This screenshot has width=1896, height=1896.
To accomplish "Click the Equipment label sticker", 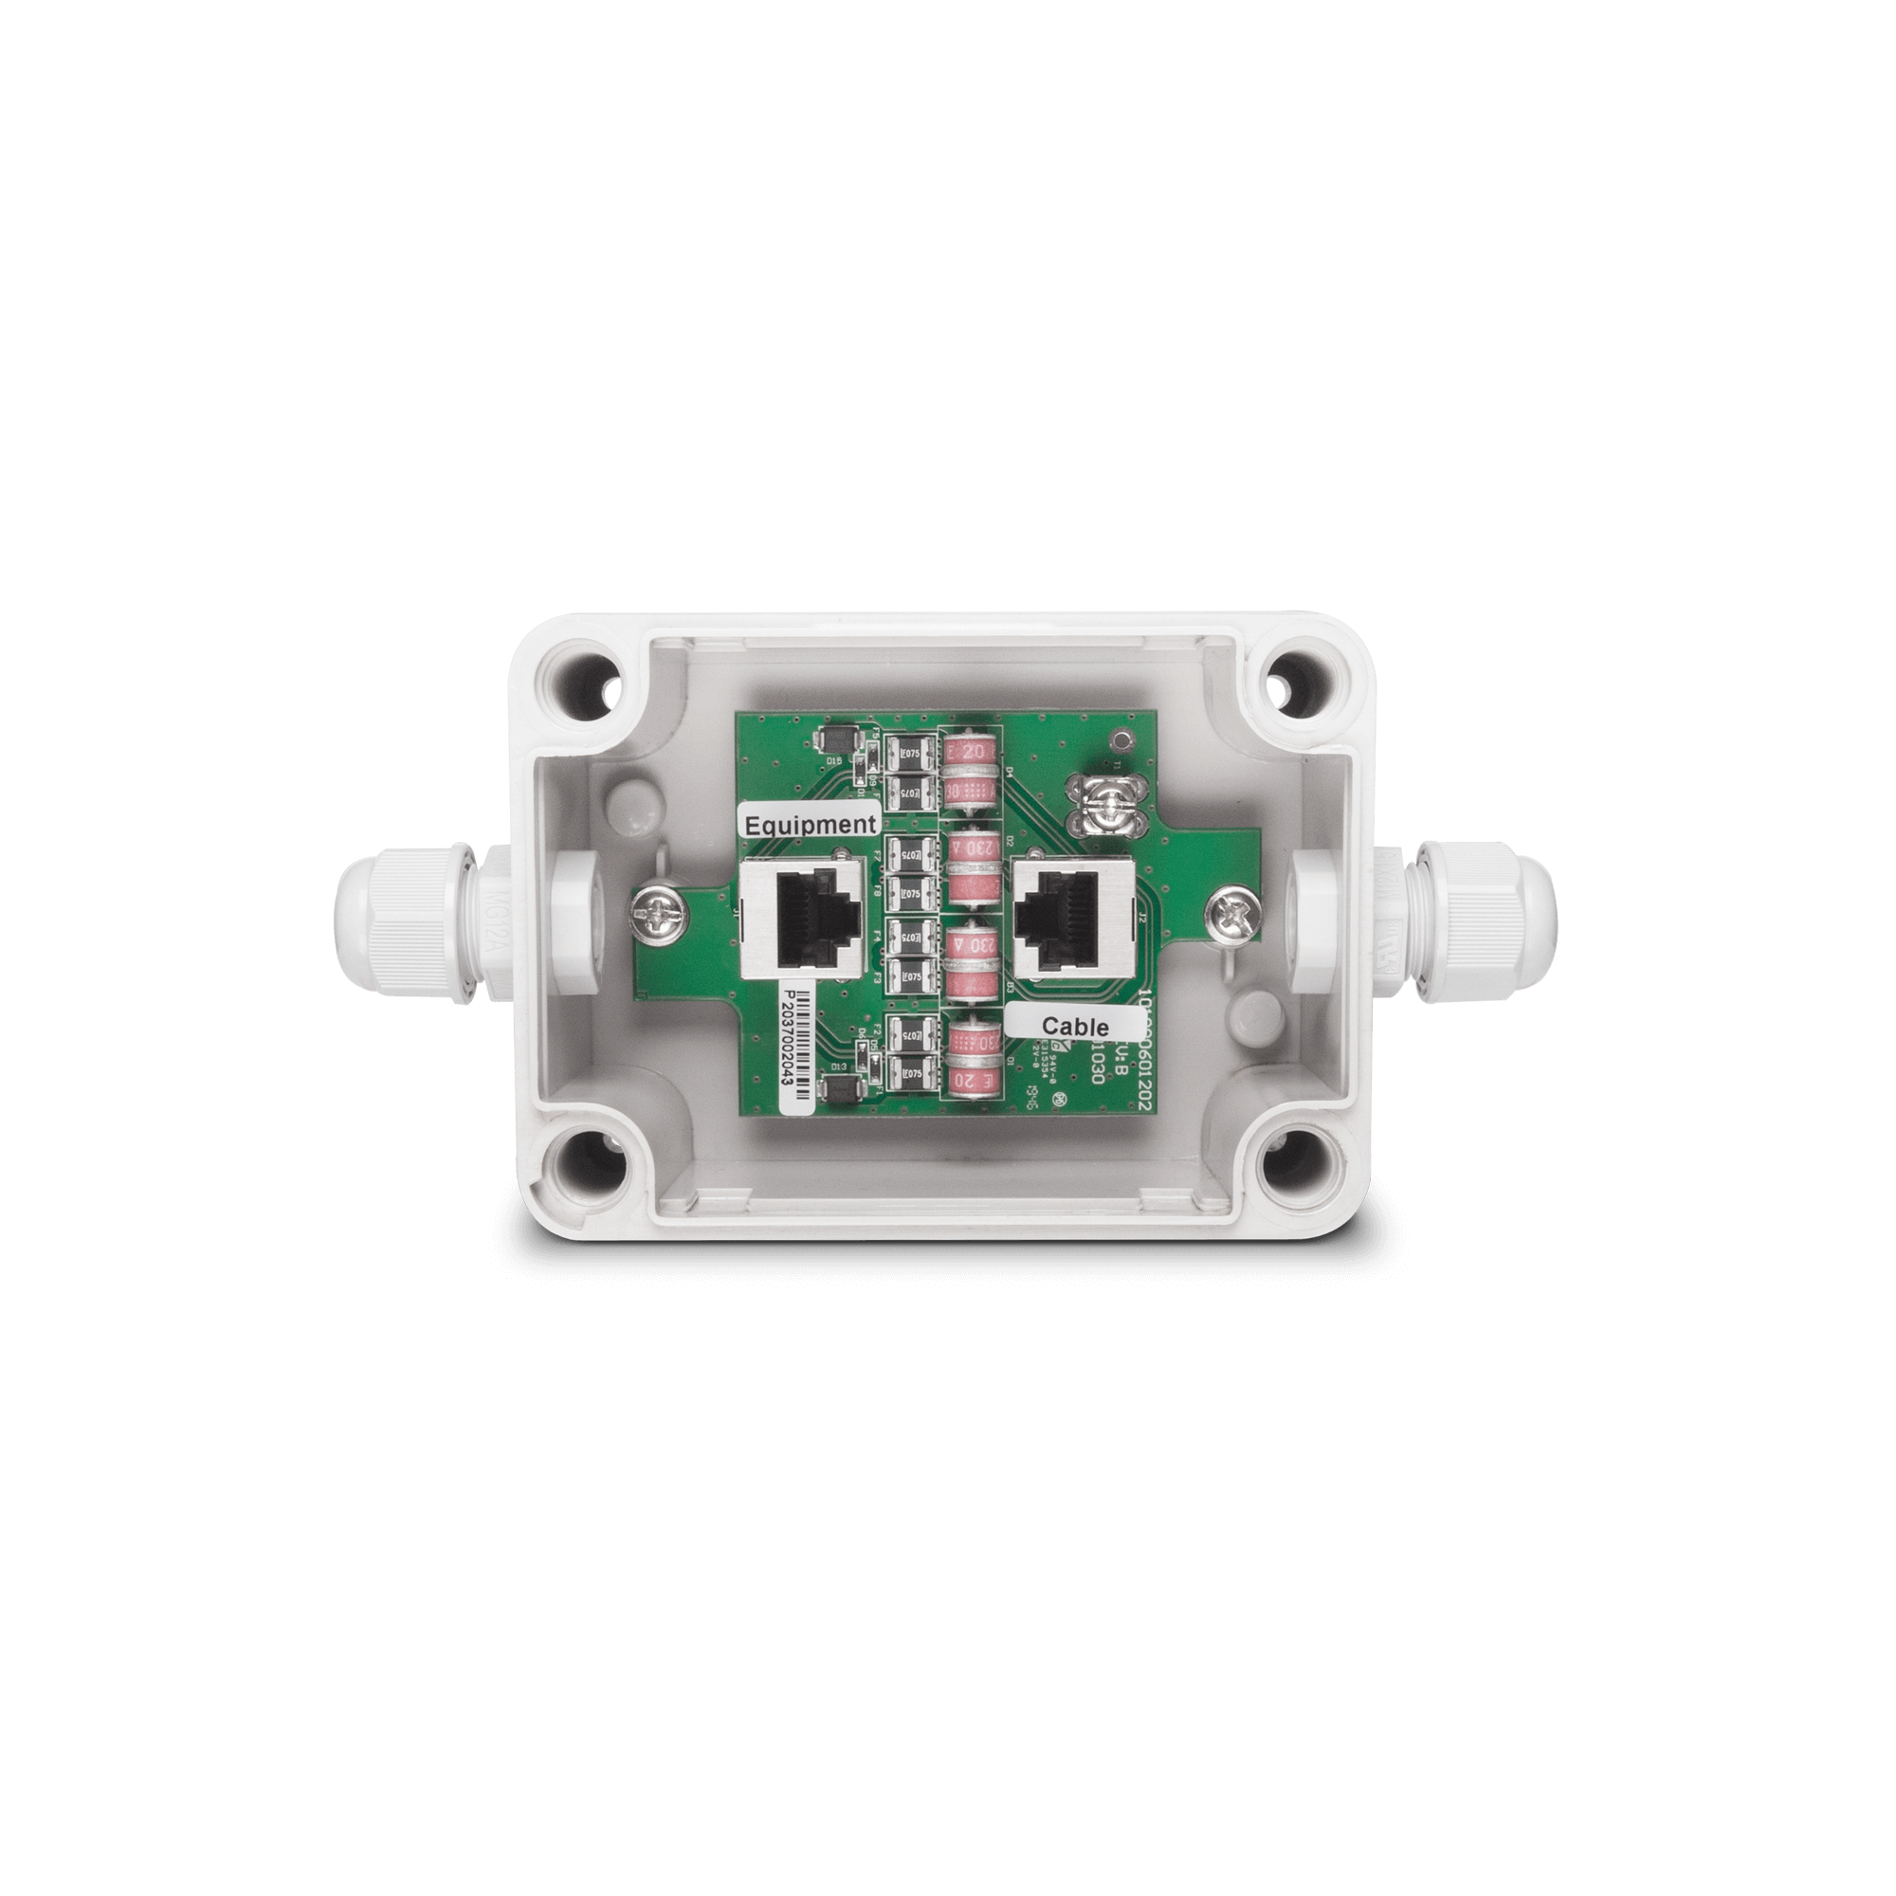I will tap(809, 825).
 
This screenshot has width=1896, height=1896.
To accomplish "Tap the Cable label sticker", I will tap(1074, 1027).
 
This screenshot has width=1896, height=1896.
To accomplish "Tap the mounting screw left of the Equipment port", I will tap(651, 912).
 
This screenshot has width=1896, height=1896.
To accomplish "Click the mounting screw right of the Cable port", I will tap(1232, 912).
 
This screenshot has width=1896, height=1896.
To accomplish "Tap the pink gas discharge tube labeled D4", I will tap(970, 771).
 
